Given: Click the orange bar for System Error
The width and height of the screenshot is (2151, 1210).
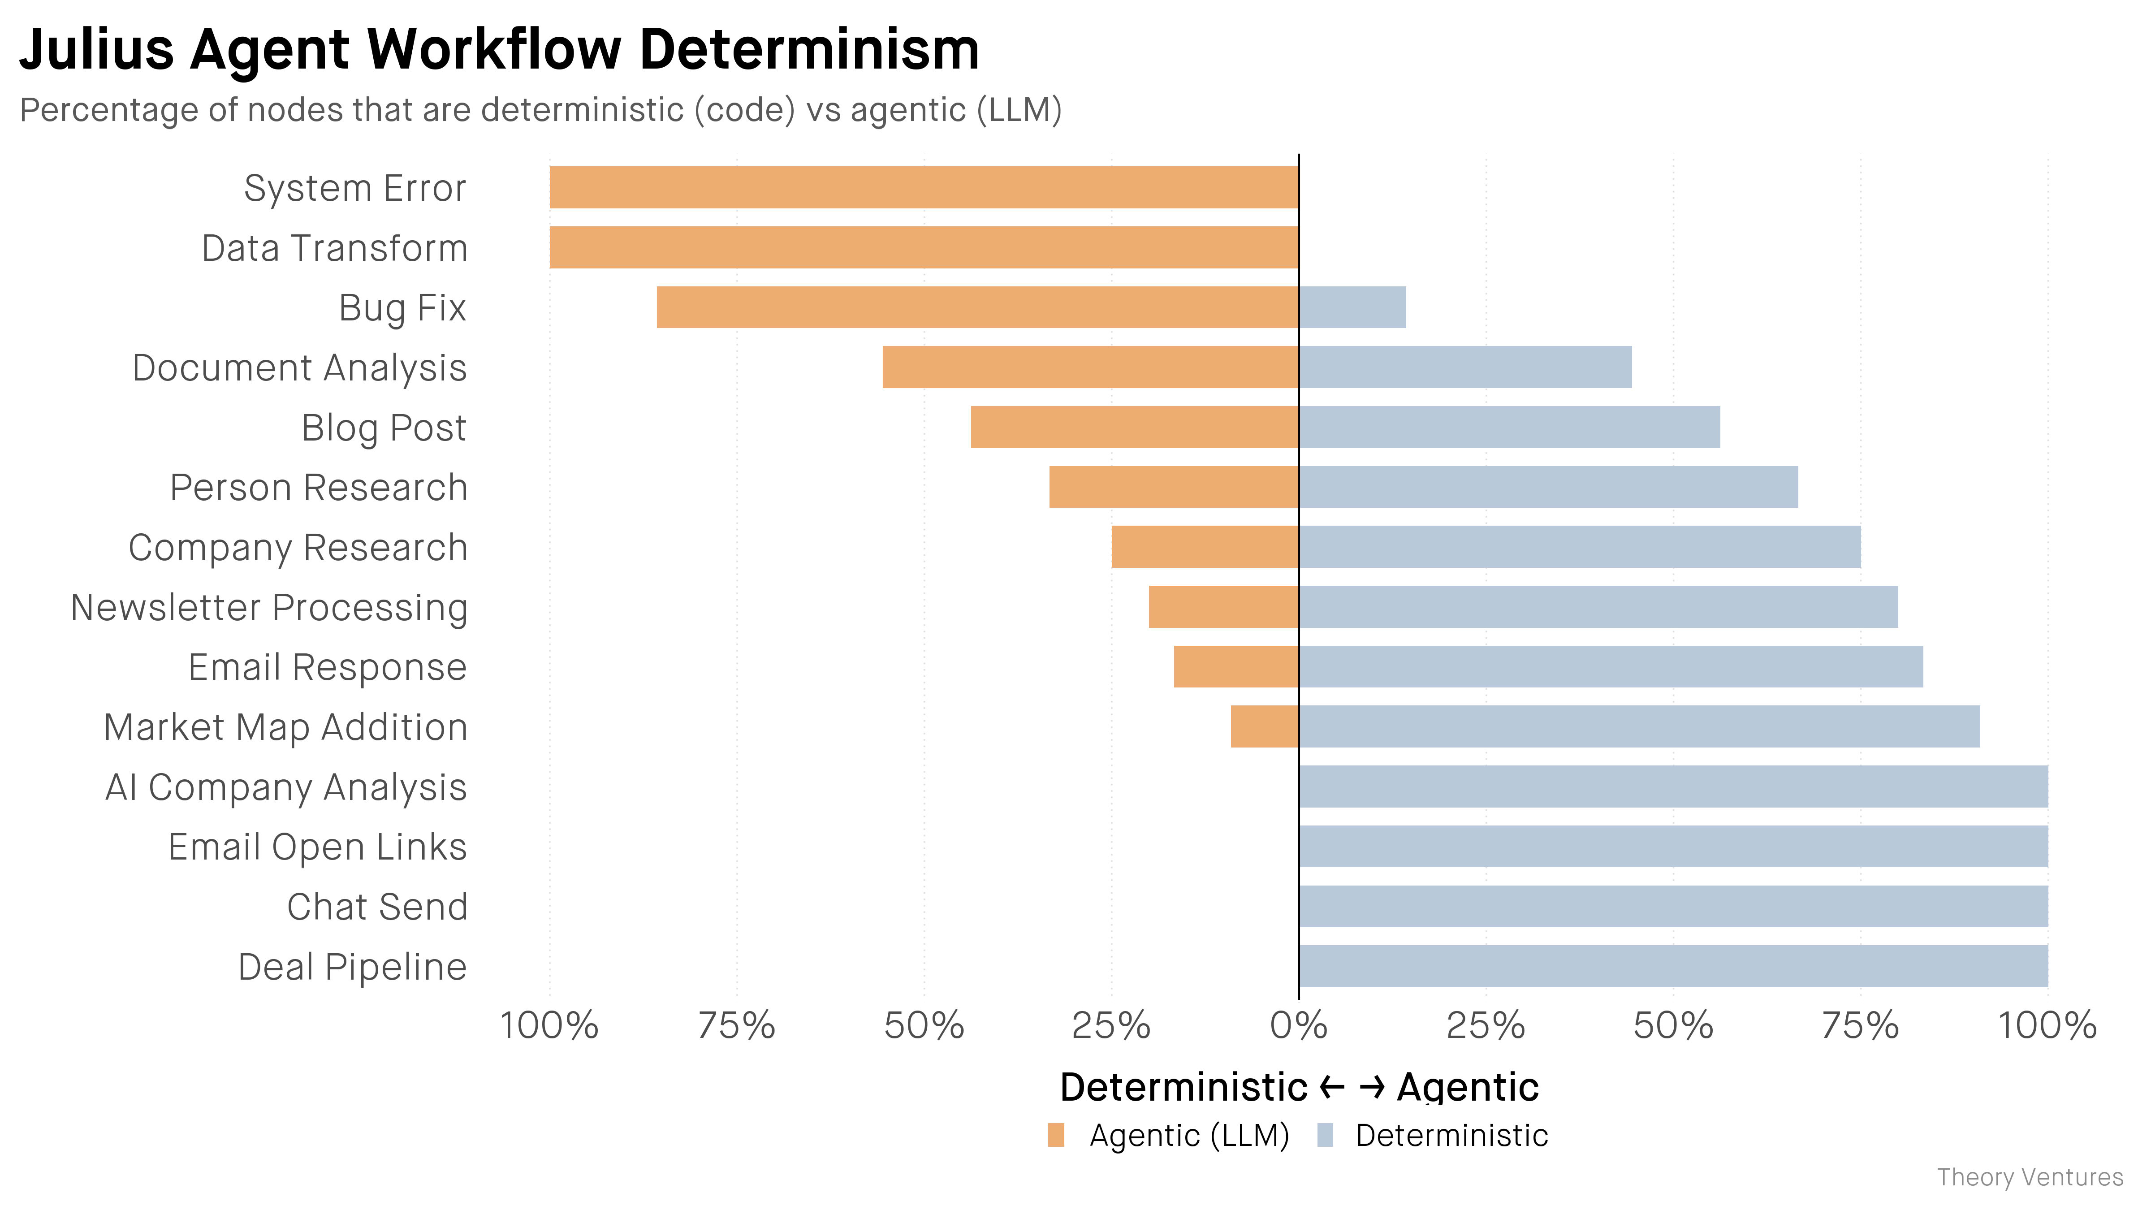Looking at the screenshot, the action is pyautogui.click(x=924, y=187).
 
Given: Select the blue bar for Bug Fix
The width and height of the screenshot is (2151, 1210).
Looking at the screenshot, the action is pyautogui.click(x=1352, y=307).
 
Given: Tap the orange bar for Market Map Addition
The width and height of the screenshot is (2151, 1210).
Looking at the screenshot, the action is pyautogui.click(x=1264, y=726).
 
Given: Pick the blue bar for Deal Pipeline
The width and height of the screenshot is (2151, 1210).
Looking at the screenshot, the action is pyautogui.click(x=1673, y=966).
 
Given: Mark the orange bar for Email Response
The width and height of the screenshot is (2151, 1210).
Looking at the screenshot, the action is pyautogui.click(x=1236, y=666).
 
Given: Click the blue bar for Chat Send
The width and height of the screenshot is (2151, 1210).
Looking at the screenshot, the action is pyautogui.click(x=1673, y=906).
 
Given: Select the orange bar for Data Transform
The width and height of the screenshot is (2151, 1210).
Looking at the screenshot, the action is pyautogui.click(x=924, y=247).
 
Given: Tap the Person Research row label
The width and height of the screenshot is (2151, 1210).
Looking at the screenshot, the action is pyautogui.click(x=318, y=488).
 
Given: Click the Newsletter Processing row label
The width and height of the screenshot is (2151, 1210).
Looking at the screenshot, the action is pyautogui.click(x=269, y=608).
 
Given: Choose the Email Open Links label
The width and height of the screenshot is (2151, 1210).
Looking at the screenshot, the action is pyautogui.click(x=317, y=847).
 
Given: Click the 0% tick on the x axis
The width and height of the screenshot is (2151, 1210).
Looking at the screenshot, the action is pyautogui.click(x=1299, y=1025).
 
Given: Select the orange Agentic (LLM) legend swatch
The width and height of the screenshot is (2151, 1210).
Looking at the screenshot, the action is pyautogui.click(x=1056, y=1136).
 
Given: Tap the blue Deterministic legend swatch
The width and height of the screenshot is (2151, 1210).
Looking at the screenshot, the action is pyautogui.click(x=1325, y=1136).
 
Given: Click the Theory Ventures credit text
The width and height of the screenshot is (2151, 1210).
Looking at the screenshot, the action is pyautogui.click(x=2030, y=1177).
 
